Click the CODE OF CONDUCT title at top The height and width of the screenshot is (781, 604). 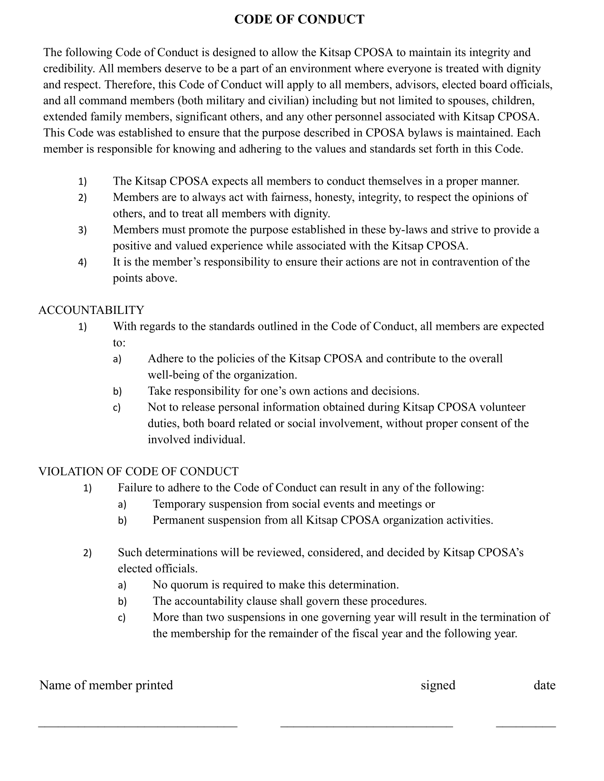click(299, 19)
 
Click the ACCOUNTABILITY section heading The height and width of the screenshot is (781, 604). click(91, 310)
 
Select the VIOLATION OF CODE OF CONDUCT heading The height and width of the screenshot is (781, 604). click(138, 471)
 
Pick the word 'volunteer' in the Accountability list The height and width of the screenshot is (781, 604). click(502, 407)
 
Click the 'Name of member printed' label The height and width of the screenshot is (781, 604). click(106, 685)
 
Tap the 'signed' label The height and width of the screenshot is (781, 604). click(438, 685)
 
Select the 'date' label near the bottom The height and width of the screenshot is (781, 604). click(544, 685)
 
